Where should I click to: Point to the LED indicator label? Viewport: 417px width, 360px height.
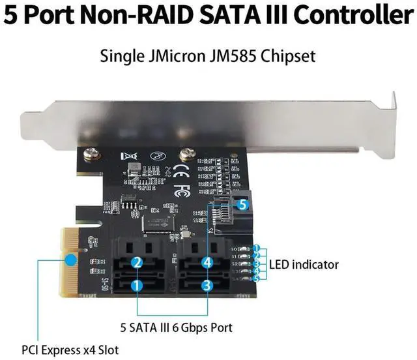[304, 264]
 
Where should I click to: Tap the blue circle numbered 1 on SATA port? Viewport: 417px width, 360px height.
[137, 285]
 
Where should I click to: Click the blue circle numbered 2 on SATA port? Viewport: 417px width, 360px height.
[137, 262]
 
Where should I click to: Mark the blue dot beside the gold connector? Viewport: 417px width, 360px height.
[38, 260]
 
